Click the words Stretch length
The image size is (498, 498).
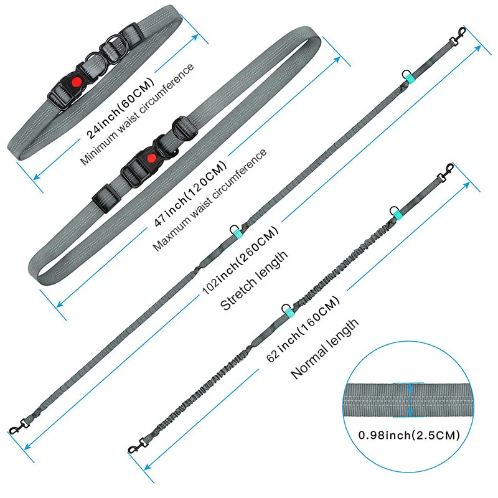(255, 281)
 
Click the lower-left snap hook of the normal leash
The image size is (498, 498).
(133, 446)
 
